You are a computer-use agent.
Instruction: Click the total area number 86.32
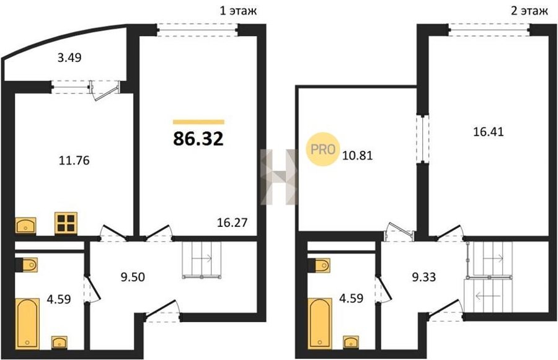[198, 139]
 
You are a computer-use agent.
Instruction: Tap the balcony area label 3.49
[69, 57]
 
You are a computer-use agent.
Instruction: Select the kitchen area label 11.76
[74, 160]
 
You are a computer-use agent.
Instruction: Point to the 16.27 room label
[232, 222]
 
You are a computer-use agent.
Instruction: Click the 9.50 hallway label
[133, 277]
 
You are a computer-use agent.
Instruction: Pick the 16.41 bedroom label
[489, 132]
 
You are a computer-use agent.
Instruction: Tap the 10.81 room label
[357, 156]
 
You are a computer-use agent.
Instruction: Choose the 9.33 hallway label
[424, 277]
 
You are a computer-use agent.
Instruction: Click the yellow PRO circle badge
[323, 149]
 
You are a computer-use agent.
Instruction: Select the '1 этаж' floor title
[237, 11]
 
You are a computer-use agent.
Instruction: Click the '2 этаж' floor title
[529, 11]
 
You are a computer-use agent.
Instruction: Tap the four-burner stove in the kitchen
[66, 223]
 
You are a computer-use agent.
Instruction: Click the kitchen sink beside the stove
[25, 225]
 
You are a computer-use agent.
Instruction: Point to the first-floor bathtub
[27, 323]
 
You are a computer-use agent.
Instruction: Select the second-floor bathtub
[320, 323]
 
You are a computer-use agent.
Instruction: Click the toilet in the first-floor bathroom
[26, 265]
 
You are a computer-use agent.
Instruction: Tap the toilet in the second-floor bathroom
[319, 265]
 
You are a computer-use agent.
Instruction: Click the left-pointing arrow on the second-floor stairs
[489, 296]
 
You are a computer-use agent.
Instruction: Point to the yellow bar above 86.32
[198, 122]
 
